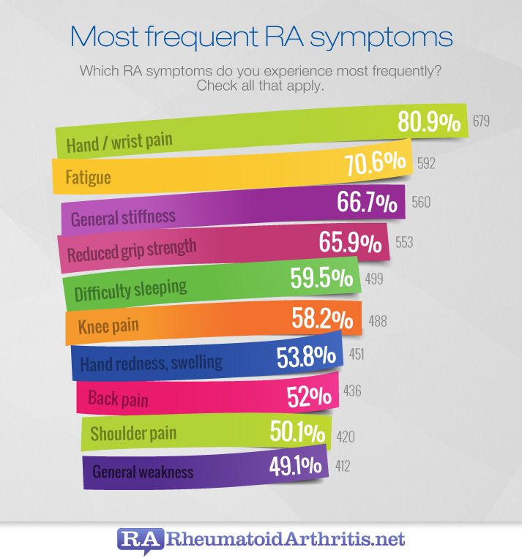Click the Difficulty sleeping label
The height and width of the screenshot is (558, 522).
coord(130,290)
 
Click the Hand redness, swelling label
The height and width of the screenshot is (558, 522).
coord(150,362)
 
